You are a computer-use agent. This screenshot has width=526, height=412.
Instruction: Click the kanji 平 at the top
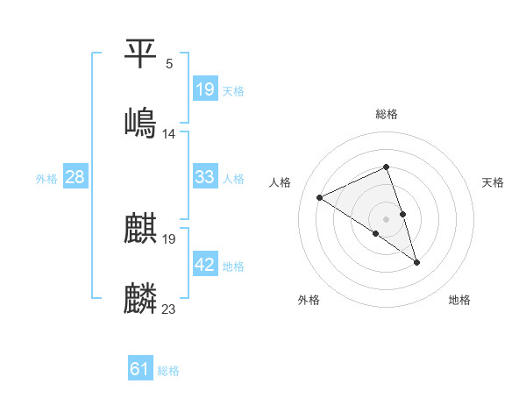pyautogui.click(x=141, y=55)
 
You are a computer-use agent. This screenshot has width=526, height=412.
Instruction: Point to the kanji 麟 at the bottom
pyautogui.click(x=141, y=298)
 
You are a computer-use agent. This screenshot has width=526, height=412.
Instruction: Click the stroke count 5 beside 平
pyautogui.click(x=169, y=64)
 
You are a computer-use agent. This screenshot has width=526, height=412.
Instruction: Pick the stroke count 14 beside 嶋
pyautogui.click(x=169, y=134)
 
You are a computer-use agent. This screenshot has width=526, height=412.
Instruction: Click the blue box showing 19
pyautogui.click(x=205, y=89)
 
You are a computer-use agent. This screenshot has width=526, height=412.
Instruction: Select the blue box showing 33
pyautogui.click(x=205, y=177)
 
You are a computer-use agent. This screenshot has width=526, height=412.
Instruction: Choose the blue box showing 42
pyautogui.click(x=205, y=265)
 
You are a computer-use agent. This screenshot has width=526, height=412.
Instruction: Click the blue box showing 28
pyautogui.click(x=75, y=177)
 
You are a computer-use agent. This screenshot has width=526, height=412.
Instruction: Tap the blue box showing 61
pyautogui.click(x=140, y=369)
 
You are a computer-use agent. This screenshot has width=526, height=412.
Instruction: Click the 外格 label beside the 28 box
pyautogui.click(x=46, y=179)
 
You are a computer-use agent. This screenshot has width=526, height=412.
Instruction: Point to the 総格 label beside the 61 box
pyautogui.click(x=168, y=371)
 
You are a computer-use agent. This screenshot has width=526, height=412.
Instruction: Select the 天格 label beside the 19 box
pyautogui.click(x=233, y=90)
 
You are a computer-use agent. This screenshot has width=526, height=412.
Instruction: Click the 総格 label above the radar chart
pyautogui.click(x=387, y=114)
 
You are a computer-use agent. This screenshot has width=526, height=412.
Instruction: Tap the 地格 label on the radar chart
pyautogui.click(x=459, y=300)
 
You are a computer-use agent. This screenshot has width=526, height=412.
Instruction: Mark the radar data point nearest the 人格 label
pyautogui.click(x=320, y=197)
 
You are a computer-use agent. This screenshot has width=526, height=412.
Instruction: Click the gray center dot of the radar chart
pyautogui.click(x=386, y=218)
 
